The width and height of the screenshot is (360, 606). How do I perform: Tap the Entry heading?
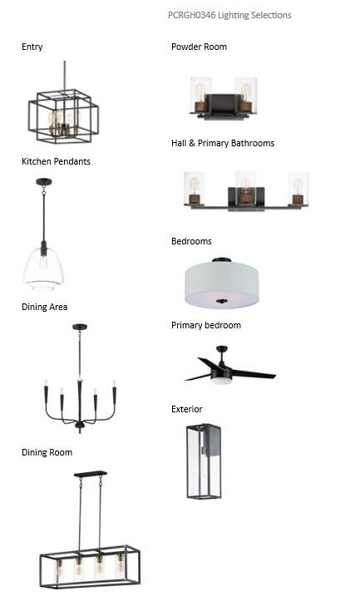coord(32,47)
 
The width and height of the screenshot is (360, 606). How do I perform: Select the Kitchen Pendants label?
coord(56,161)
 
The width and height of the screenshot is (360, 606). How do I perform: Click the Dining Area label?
coord(44,307)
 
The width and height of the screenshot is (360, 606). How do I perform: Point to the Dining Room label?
coord(47,452)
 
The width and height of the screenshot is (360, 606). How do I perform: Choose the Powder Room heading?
coord(200,47)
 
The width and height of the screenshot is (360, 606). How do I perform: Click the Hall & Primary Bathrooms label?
coord(223,143)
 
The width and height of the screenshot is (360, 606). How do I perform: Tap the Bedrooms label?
coord(191,241)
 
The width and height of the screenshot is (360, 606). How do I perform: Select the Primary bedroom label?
coord(206,325)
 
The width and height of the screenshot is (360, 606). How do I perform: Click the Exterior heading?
coord(187,409)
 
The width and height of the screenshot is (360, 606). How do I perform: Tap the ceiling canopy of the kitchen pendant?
coord(44,181)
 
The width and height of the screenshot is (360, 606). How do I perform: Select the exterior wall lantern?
coord(204,461)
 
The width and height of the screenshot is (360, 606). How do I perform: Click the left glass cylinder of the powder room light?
coord(200,95)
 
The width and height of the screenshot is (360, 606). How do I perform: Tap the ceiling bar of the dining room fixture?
coord(91,474)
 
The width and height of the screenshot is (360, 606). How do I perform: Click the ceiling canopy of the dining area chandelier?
coord(80,327)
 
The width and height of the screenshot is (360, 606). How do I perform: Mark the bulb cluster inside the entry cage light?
coord(62,122)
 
